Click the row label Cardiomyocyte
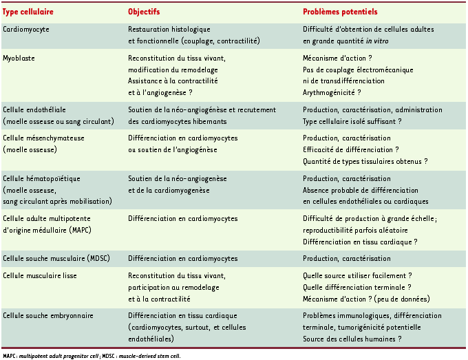pos(26,30)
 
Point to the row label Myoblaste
pos(19,59)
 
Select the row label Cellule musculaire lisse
pos(40,276)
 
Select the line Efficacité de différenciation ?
pos(350,149)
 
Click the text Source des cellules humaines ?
pos(352,339)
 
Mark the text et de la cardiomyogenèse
pos(169,190)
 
